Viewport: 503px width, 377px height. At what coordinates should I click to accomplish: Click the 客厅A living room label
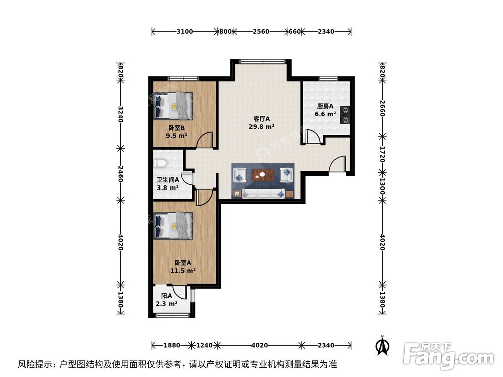[x=261, y=119]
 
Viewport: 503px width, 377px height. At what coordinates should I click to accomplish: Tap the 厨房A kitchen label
[x=325, y=106]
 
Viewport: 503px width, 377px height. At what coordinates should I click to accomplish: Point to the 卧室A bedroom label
[x=183, y=262]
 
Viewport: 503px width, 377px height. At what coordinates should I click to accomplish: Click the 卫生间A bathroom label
[x=167, y=180]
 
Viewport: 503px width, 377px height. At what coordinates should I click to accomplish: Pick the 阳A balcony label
[x=166, y=296]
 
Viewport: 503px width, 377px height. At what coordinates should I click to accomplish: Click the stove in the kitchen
[x=345, y=114]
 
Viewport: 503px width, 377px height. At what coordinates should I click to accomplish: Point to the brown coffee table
[x=263, y=175]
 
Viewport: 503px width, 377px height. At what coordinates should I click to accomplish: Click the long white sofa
[x=264, y=193]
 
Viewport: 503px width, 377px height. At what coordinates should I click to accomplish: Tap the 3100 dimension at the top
[x=185, y=31]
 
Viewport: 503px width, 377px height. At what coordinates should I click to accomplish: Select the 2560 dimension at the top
[x=261, y=31]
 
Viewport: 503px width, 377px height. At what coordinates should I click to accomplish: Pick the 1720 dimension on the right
[x=382, y=157]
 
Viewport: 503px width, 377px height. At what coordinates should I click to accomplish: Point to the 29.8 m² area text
[x=262, y=127]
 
